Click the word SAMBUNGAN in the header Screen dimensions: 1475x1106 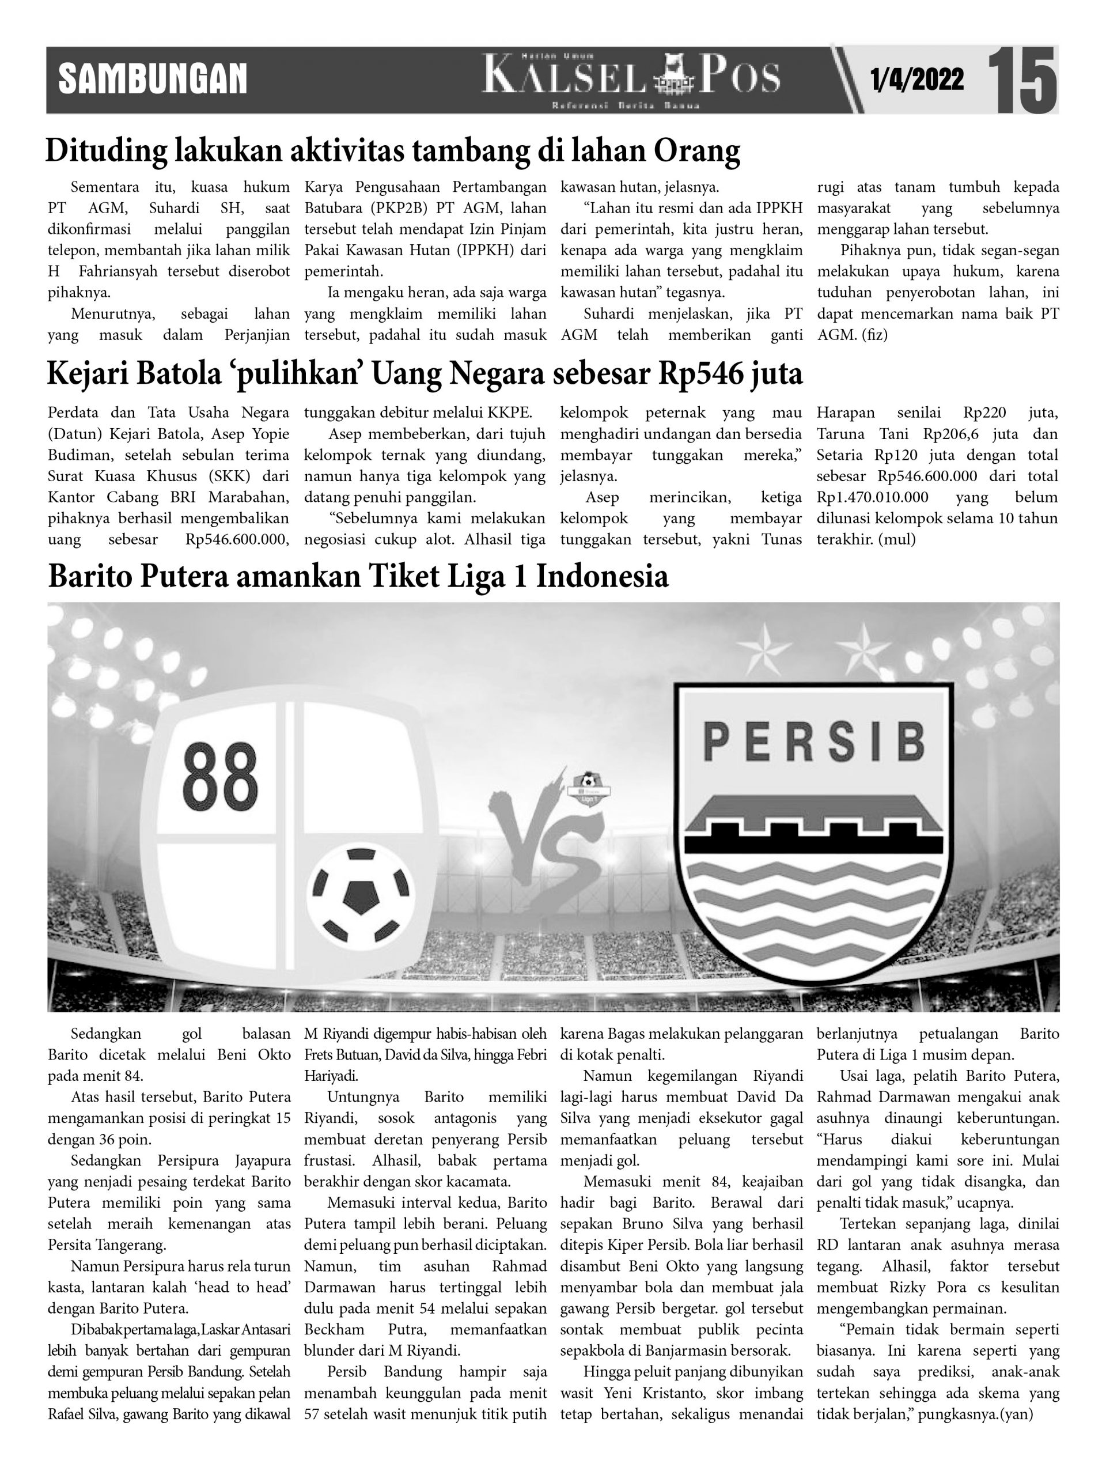click(x=153, y=80)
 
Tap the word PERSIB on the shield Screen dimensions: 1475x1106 click(x=814, y=742)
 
